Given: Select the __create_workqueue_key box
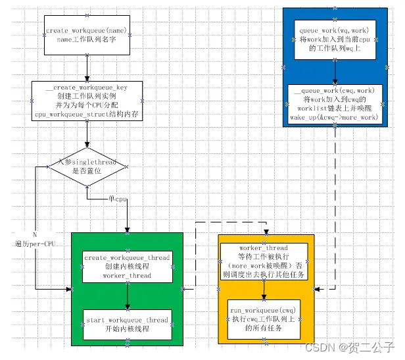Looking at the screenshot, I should [x=86, y=101].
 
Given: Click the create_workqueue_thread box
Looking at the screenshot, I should [x=128, y=267].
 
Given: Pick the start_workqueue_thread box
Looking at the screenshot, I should [x=128, y=324].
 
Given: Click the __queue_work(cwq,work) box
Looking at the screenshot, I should [x=335, y=104].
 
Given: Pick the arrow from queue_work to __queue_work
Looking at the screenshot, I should [x=335, y=71].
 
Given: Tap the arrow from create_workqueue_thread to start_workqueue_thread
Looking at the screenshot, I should [x=128, y=295].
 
